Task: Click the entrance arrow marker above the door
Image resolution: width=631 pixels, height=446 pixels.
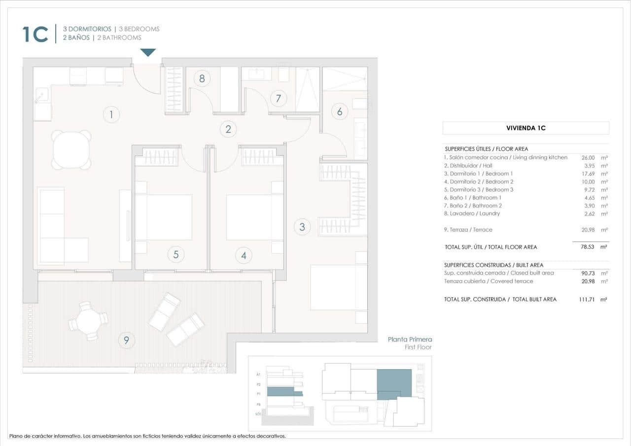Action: coord(148,52)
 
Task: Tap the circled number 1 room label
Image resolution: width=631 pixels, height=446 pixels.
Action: coord(111,115)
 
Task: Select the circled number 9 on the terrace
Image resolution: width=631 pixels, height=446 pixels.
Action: coord(127,340)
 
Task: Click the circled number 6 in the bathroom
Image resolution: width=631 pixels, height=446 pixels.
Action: coord(339,111)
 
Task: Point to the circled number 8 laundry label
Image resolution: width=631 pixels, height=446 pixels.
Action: coord(202,78)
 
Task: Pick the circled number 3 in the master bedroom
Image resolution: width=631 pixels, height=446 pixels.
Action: coord(302,227)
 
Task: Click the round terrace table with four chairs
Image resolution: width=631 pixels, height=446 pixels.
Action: coord(88,321)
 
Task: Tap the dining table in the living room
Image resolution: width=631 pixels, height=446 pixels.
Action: coord(71,150)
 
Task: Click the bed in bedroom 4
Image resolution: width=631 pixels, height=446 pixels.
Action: coord(255,217)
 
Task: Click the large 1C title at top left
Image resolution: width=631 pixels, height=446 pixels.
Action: coord(35,34)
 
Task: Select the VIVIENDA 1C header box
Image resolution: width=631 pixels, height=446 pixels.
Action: coord(526,128)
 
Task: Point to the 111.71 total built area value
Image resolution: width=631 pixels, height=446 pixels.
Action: coord(587,299)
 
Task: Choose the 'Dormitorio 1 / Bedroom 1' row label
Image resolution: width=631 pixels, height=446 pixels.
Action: coord(478,173)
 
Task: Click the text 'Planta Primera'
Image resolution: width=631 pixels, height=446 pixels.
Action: coord(410,339)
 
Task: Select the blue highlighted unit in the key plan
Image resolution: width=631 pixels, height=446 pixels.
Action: coord(394,382)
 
